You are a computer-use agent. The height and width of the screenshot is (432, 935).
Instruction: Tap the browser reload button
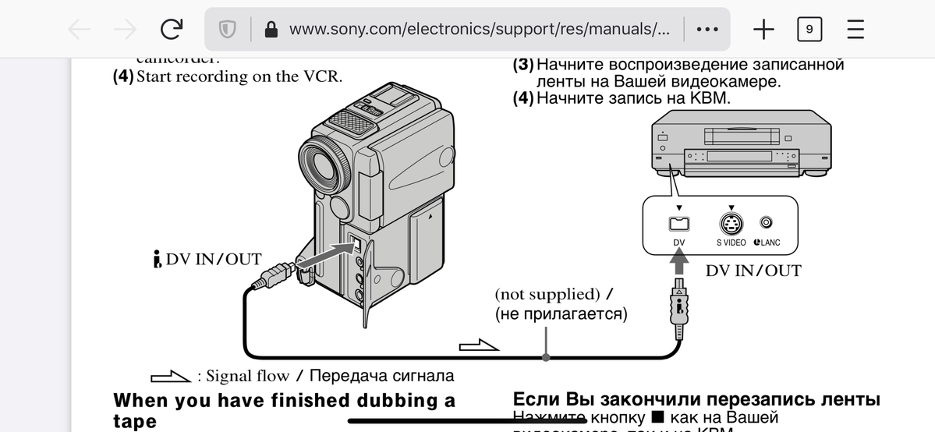[x=172, y=30]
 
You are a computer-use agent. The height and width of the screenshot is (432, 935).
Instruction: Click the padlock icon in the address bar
[x=271, y=30]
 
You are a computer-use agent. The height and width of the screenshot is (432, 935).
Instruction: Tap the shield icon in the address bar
[x=227, y=30]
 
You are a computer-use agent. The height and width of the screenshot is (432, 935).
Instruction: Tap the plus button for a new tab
[x=763, y=30]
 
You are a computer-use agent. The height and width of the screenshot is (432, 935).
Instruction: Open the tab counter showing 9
[x=809, y=30]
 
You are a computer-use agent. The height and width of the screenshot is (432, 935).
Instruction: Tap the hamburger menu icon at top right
[x=855, y=30]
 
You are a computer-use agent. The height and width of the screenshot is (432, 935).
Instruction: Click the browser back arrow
[x=79, y=30]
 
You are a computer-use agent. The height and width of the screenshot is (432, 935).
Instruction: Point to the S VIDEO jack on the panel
[x=731, y=224]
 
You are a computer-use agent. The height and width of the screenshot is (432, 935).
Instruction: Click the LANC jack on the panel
[x=766, y=223]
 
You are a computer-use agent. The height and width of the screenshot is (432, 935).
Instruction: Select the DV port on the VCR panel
[x=678, y=224]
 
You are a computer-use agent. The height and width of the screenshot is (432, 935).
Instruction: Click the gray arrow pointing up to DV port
[x=678, y=264]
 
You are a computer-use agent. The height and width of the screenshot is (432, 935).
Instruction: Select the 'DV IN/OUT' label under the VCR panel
[x=753, y=271]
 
